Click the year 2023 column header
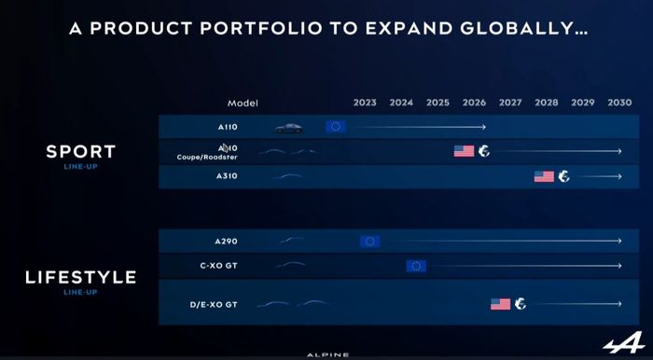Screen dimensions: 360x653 (365, 103)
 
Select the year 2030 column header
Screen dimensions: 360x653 (619, 103)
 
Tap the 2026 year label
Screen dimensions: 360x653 (474, 103)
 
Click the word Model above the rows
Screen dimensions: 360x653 (243, 103)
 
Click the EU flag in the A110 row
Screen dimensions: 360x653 (336, 126)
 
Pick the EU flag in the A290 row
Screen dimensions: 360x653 (370, 242)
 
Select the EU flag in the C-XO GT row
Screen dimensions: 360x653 (416, 266)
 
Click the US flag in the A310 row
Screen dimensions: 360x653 (544, 176)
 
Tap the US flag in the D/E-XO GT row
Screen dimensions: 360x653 (501, 303)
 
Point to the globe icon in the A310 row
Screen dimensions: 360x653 (563, 176)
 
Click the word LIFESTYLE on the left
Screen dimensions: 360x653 (80, 277)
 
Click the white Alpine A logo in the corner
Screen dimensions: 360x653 (618, 343)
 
